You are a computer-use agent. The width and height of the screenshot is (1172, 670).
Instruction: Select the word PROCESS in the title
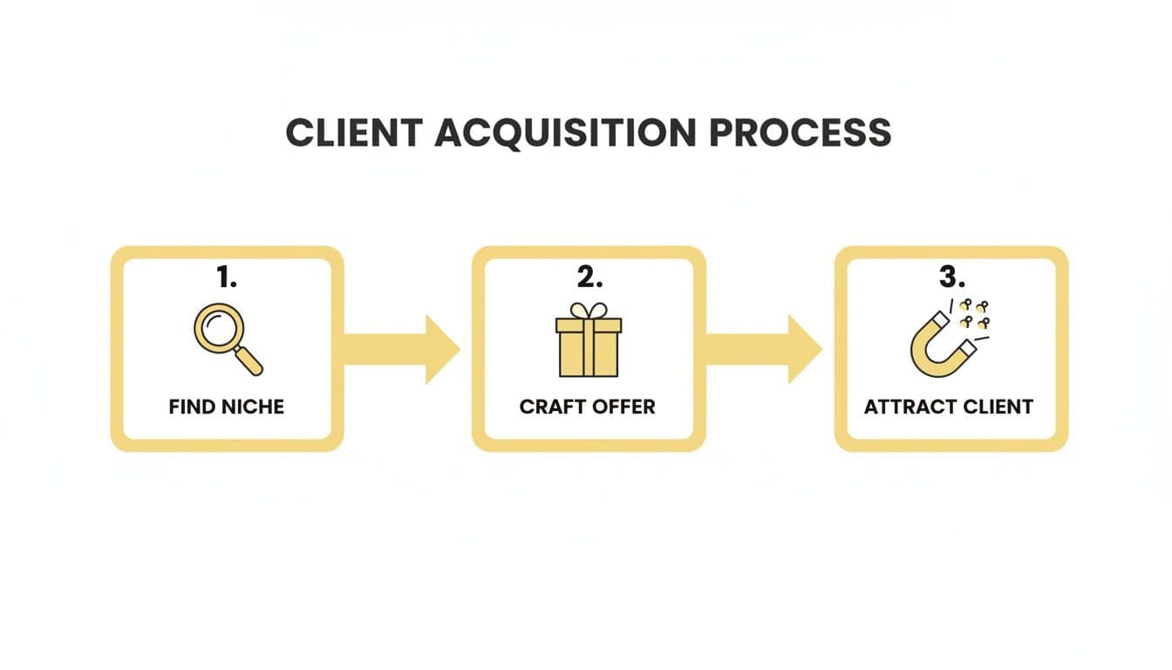click(x=800, y=133)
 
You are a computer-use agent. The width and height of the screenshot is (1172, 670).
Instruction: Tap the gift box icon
click(x=589, y=342)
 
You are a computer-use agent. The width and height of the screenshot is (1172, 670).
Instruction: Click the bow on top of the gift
click(x=589, y=311)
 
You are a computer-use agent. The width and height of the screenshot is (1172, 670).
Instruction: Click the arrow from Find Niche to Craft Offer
click(x=401, y=349)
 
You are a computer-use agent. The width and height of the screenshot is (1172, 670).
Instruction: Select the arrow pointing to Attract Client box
click(x=764, y=349)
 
